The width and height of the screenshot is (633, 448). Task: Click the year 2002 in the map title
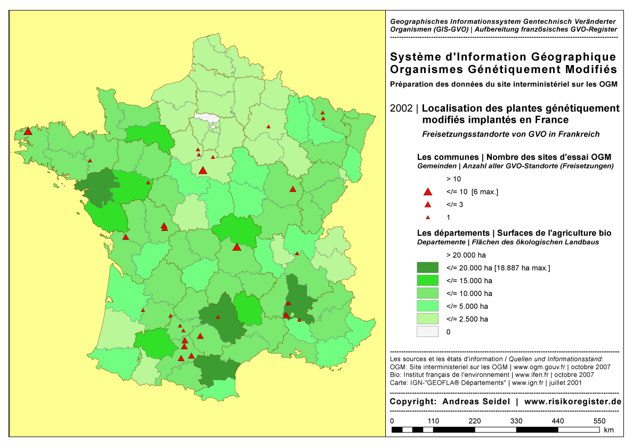(x=401, y=108)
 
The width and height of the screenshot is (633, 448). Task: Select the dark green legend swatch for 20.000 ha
(x=427, y=267)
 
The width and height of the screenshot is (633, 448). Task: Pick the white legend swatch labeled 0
(x=427, y=332)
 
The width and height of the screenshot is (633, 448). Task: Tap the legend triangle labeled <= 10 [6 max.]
(x=427, y=192)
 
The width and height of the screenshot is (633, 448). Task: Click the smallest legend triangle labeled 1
(x=427, y=218)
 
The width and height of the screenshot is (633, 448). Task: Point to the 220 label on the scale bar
(x=475, y=421)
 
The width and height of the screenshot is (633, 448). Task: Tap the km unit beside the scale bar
(x=608, y=430)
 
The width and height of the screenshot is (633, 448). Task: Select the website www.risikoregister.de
(x=573, y=402)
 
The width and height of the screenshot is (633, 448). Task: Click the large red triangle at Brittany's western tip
(x=28, y=131)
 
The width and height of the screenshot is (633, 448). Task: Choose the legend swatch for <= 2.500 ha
(x=427, y=319)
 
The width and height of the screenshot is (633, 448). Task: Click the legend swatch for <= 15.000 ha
(x=427, y=280)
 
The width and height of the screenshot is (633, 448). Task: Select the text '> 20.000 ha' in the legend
(x=466, y=255)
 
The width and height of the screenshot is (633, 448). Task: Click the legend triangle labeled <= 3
(x=427, y=205)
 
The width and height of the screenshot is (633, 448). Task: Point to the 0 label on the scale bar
(x=392, y=421)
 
